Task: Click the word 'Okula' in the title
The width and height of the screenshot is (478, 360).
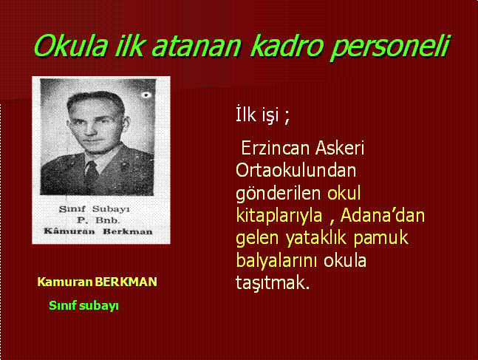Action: click(71, 46)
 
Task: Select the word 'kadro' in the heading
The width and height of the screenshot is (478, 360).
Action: click(287, 46)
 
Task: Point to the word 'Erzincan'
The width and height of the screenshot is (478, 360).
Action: click(276, 149)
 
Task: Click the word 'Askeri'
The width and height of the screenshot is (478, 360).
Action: click(340, 148)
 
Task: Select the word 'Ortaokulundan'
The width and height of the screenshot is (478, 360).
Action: click(296, 170)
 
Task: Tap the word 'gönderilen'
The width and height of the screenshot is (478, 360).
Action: click(279, 194)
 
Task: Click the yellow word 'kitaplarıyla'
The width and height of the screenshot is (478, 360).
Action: click(279, 216)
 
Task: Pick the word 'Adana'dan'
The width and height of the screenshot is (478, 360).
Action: click(383, 215)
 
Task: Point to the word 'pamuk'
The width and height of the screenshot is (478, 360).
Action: click(380, 239)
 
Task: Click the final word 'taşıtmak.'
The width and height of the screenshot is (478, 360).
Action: click(273, 283)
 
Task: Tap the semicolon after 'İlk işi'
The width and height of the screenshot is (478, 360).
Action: click(287, 117)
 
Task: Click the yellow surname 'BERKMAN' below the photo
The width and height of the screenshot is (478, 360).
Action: click(126, 282)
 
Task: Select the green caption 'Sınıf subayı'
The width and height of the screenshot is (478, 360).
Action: click(83, 306)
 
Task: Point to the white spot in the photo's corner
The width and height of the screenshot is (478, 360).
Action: click(146, 95)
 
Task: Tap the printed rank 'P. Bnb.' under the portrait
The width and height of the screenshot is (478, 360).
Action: click(98, 220)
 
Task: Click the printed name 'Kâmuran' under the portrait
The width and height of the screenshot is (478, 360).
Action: click(69, 231)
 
